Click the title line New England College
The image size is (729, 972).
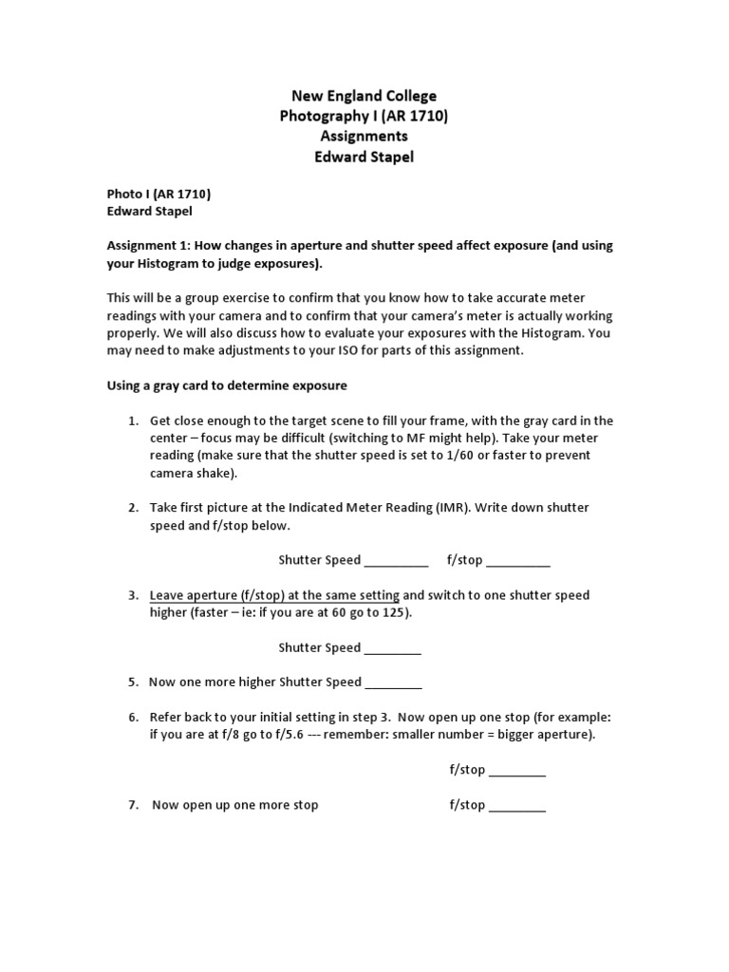(x=364, y=96)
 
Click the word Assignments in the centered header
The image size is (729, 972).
(x=364, y=136)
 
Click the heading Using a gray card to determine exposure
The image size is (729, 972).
(x=226, y=385)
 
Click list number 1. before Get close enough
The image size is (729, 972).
(x=134, y=421)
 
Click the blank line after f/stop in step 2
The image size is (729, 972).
(x=518, y=561)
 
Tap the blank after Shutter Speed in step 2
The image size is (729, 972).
(x=396, y=561)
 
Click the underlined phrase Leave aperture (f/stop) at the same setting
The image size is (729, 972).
(x=274, y=595)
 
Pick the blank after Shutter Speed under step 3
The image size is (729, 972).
(x=393, y=648)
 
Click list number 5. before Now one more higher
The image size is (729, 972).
(x=134, y=682)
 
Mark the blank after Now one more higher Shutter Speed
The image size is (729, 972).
(x=393, y=683)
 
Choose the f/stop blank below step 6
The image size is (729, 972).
(x=517, y=771)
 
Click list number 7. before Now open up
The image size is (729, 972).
(x=134, y=805)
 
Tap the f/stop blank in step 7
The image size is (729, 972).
(x=517, y=806)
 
